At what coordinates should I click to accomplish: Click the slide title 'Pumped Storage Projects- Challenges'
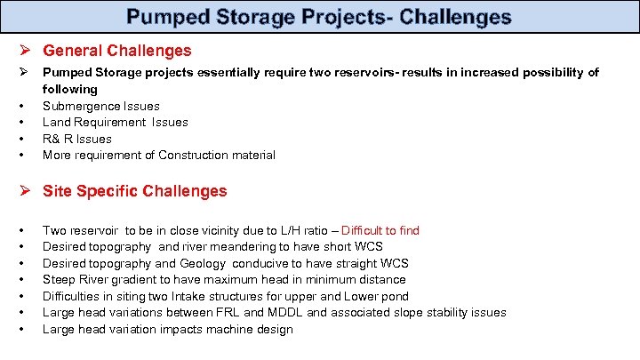click(319, 17)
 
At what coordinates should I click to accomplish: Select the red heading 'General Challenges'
click(116, 52)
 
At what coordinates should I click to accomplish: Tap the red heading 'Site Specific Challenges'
click(134, 191)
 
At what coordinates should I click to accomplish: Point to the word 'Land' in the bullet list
click(55, 122)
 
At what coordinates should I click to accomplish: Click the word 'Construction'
click(192, 156)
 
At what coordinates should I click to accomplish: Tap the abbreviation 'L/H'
click(291, 230)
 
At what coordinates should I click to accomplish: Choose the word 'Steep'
click(58, 280)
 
